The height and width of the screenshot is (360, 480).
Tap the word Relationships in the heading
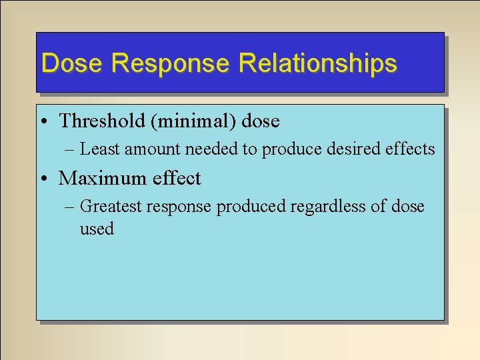(317, 63)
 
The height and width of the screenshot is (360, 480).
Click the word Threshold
(101, 121)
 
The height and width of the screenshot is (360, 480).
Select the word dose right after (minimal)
(261, 121)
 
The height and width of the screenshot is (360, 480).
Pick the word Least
(101, 149)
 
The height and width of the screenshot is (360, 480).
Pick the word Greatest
(111, 207)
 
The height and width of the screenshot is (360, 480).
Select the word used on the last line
(97, 229)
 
